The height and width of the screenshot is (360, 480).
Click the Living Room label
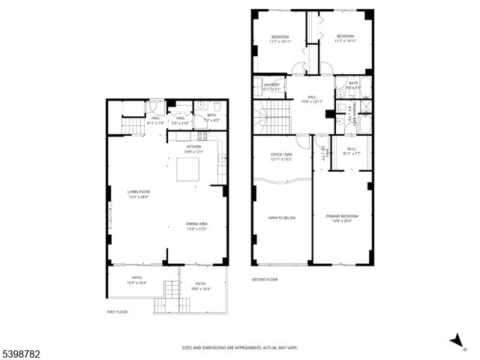138,193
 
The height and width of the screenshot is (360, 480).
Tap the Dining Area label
196,226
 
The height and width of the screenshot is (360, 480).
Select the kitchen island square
187,169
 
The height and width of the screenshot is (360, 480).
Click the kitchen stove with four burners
202,136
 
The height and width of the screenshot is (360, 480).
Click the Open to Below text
282,218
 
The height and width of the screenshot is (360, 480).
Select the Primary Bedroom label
342,218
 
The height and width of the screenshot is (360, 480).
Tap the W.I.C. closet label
352,150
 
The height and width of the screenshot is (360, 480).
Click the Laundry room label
271,86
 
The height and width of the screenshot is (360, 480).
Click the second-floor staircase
275,117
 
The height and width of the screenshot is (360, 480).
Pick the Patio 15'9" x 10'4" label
136,283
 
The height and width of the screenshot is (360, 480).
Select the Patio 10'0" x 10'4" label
201,286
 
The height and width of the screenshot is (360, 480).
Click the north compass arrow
457,341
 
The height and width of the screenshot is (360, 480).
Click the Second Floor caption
265,280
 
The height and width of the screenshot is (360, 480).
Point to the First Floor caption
118,311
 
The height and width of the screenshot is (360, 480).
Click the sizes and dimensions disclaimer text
240,347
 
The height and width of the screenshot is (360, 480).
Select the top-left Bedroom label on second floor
280,38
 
